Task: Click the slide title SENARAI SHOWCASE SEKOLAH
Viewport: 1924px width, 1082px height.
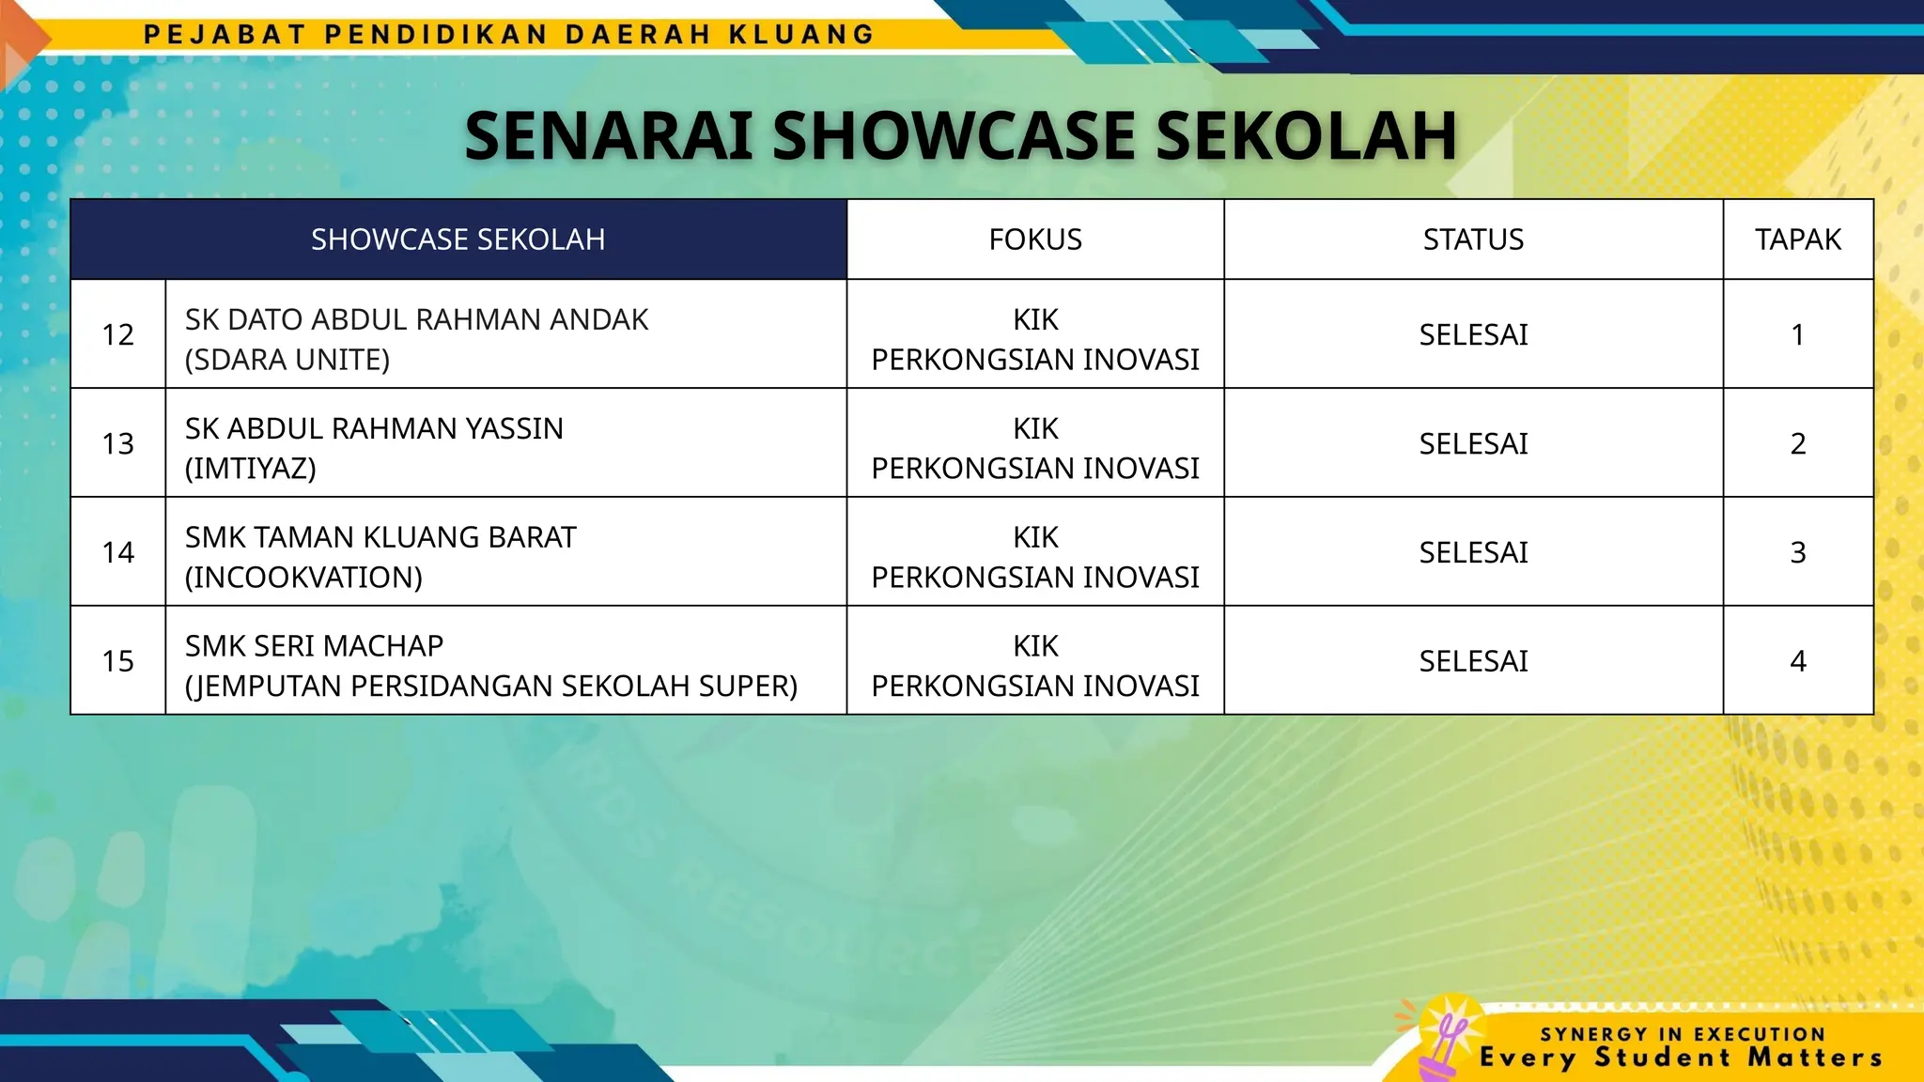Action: pos(960,136)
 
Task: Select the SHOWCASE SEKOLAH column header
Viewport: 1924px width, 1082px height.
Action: pos(458,240)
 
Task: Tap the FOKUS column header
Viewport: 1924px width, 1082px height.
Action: pos(1035,240)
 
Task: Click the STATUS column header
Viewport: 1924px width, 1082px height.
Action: pos(1473,240)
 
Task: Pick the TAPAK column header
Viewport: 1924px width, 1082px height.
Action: pos(1798,240)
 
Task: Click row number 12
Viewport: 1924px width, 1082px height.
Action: pos(118,334)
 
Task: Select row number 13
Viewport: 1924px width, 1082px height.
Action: pos(118,443)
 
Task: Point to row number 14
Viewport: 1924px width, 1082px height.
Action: pos(118,552)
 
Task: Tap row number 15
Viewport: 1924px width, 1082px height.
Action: pos(118,661)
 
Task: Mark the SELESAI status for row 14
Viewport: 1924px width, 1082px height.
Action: pos(1473,552)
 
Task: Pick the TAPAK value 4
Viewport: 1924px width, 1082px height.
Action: pos(1798,661)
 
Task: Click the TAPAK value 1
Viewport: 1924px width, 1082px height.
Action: pos(1798,334)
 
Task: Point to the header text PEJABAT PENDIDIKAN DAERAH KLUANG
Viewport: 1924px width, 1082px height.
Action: pos(509,35)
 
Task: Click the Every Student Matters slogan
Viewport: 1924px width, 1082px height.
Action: pos(1682,1058)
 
